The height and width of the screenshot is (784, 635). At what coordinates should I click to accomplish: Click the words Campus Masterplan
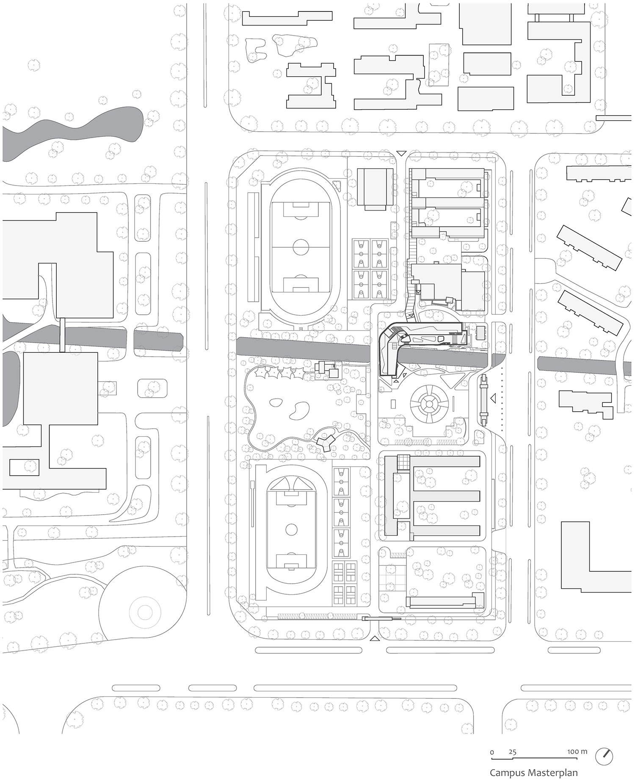click(533, 772)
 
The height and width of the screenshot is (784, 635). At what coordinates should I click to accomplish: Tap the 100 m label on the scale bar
click(577, 751)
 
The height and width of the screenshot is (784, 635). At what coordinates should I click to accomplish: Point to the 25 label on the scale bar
click(512, 752)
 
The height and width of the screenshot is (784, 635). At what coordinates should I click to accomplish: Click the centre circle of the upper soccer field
click(301, 247)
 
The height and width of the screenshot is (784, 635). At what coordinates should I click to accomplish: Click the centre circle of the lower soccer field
click(291, 529)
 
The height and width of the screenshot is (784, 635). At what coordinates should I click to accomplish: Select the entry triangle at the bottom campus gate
click(375, 638)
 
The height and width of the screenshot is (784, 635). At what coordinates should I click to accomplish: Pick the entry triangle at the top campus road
click(401, 153)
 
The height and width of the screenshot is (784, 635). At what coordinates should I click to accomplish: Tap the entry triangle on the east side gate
click(493, 398)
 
